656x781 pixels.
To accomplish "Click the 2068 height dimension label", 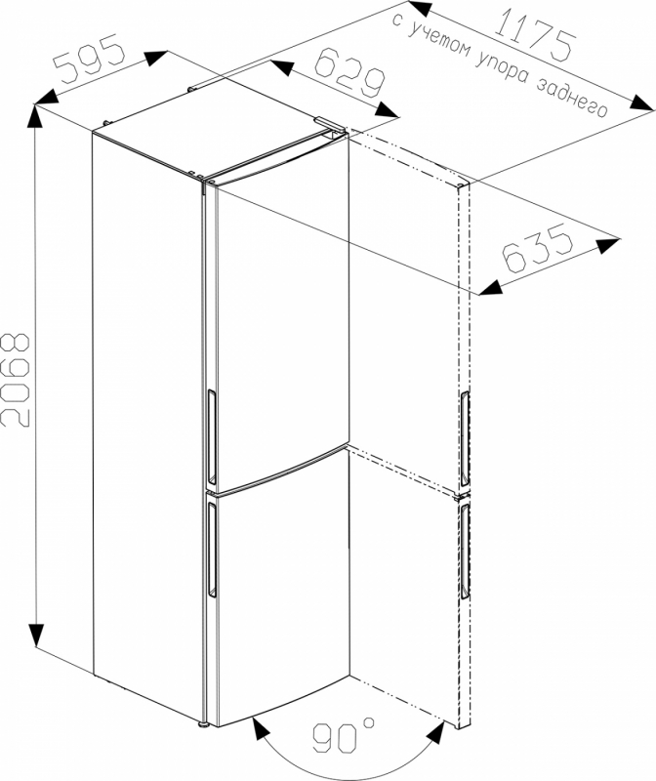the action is tap(16, 380).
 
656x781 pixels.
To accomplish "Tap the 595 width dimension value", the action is tap(90, 58).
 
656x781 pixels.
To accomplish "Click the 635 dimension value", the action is tap(538, 248).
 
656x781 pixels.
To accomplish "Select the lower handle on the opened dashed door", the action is tap(466, 552).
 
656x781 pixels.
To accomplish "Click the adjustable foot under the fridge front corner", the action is tap(203, 723).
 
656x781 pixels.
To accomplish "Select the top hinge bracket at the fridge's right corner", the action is tap(329, 124).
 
